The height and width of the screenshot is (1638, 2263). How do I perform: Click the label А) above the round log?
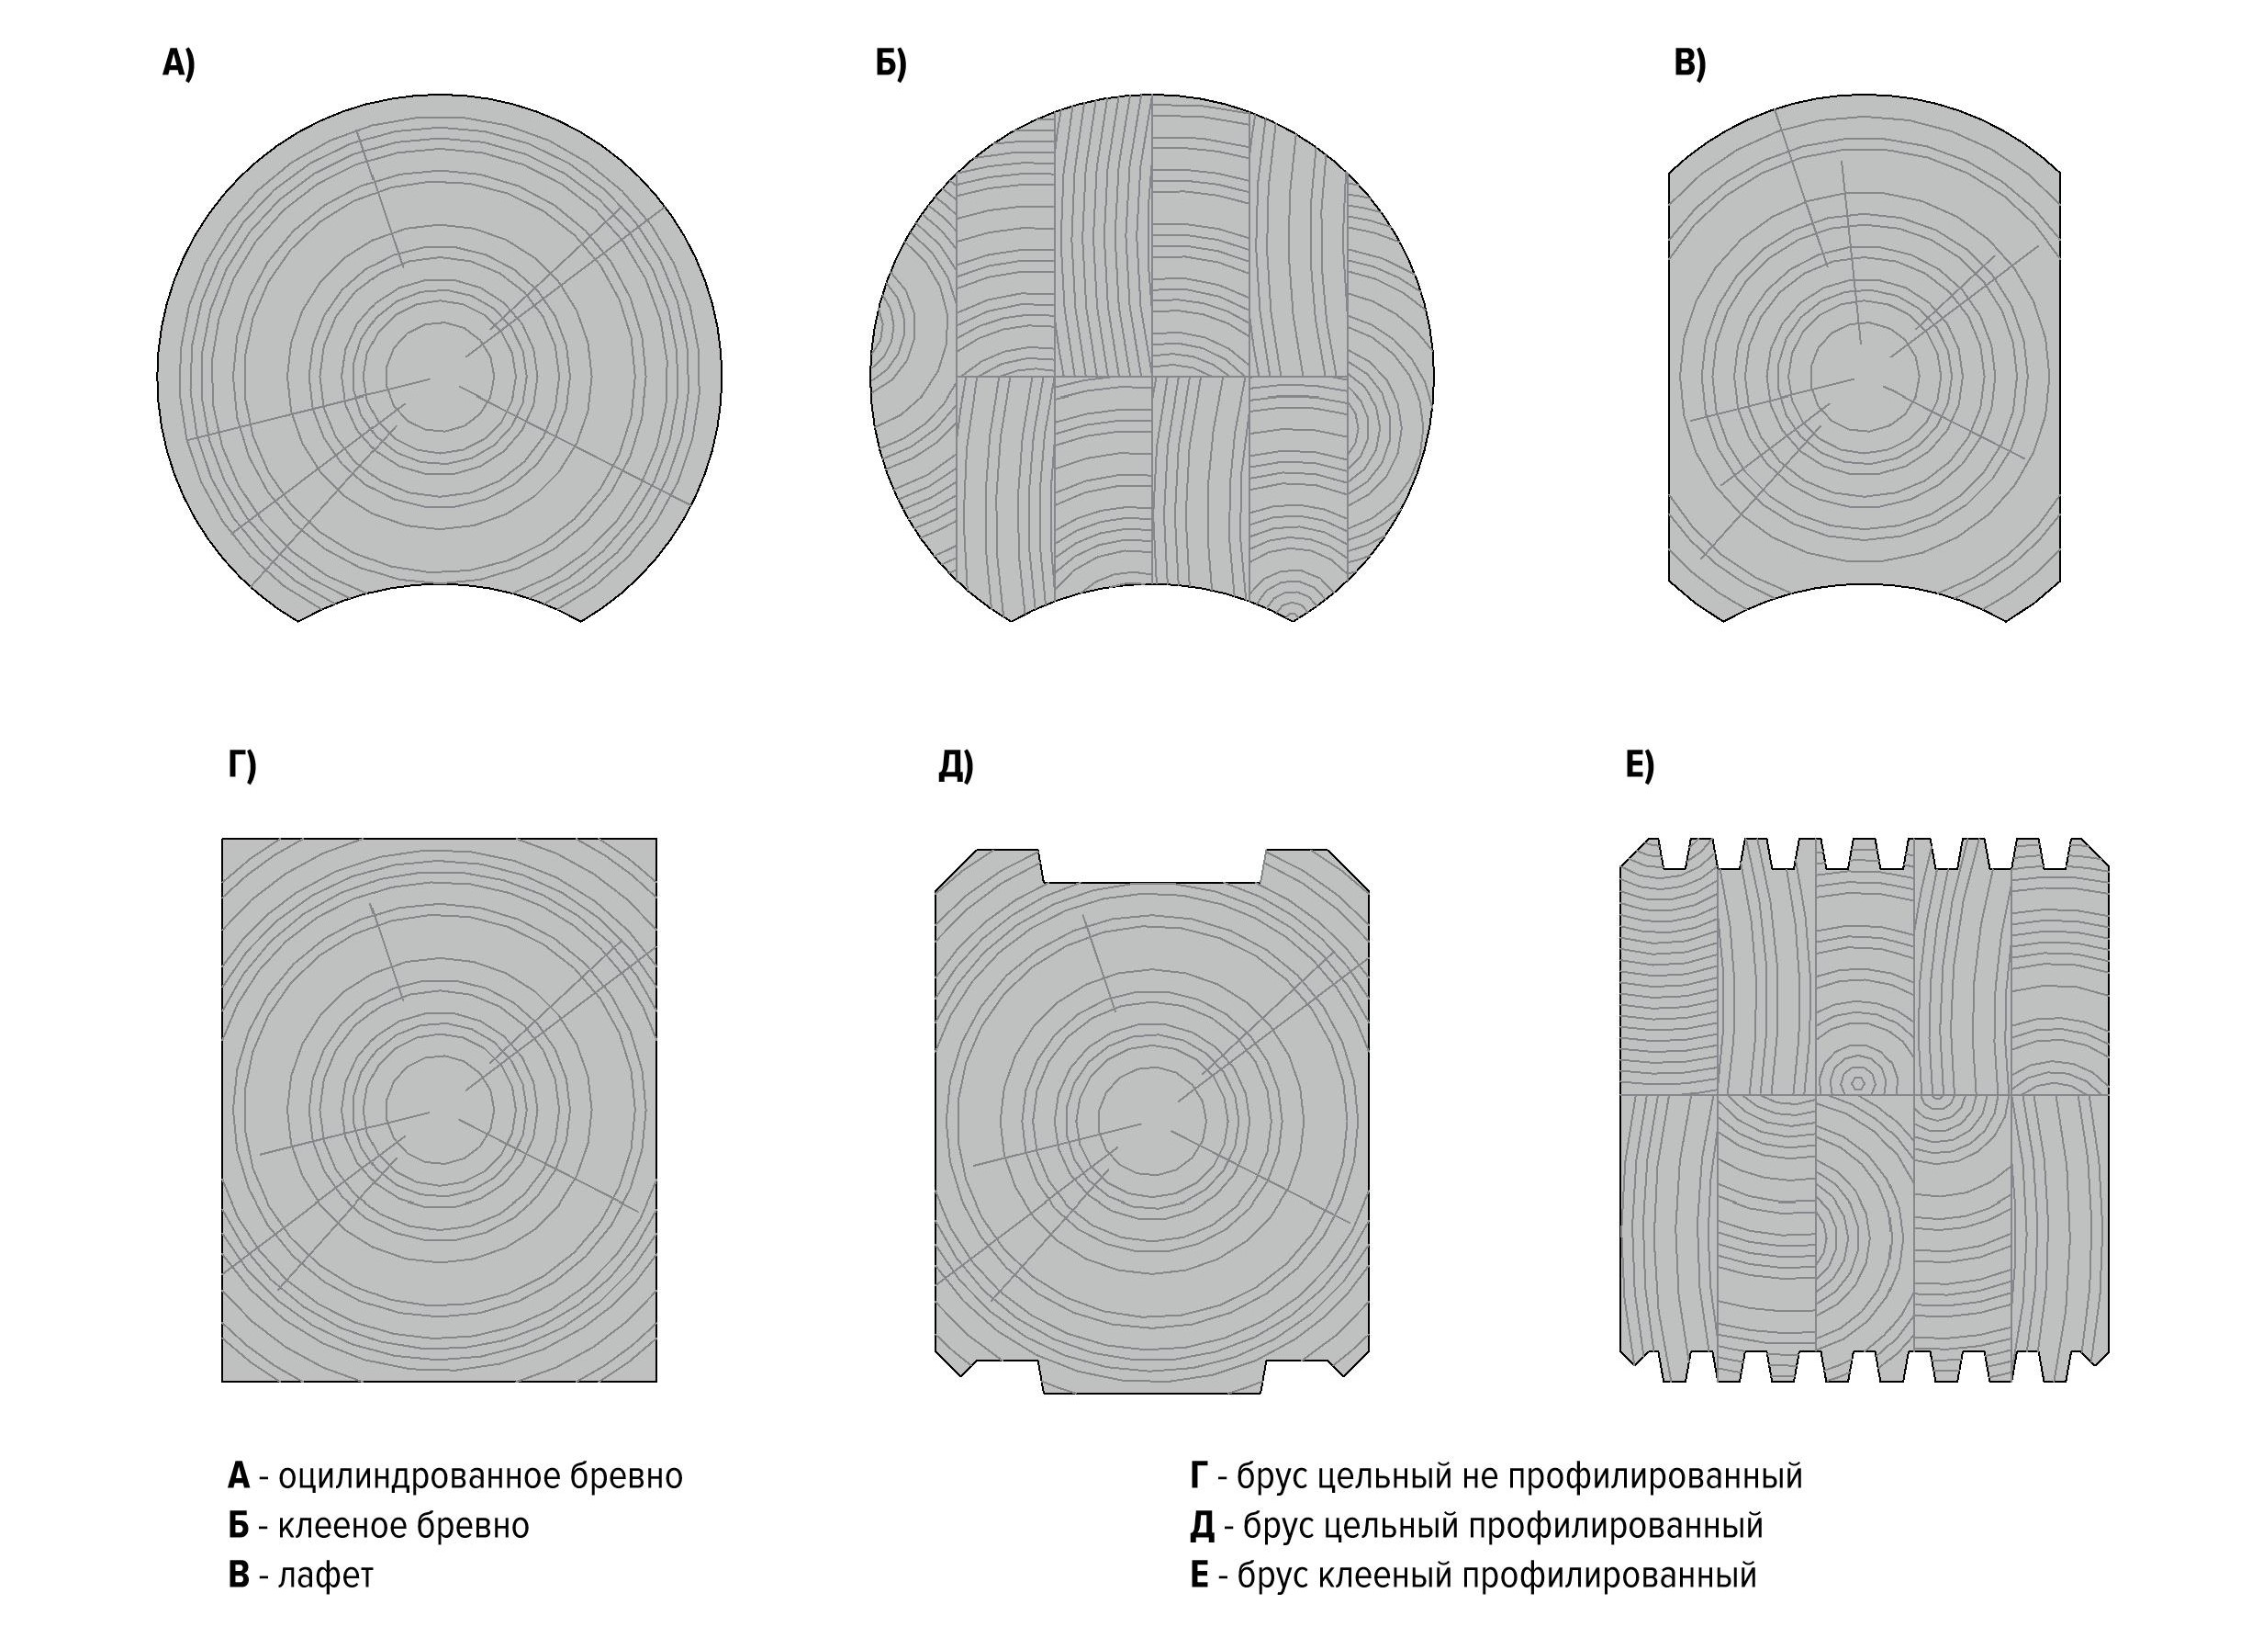pyautogui.click(x=179, y=64)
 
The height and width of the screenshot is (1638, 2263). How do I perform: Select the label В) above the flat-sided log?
pyautogui.click(x=1689, y=64)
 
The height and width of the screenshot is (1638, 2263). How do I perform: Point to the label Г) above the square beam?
pyautogui.click(x=241, y=764)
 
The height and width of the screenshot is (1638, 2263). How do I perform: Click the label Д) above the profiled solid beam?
pyautogui.click(x=956, y=764)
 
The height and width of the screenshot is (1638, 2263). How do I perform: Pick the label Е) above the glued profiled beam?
pyautogui.click(x=1640, y=764)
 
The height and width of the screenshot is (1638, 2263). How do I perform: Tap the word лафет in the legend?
pyautogui.click(x=325, y=1576)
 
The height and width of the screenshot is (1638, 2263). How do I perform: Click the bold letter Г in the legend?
pyautogui.click(x=1199, y=1476)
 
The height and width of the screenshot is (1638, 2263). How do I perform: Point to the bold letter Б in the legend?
pyautogui.click(x=238, y=1526)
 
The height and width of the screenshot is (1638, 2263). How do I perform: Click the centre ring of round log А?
pyautogui.click(x=439, y=378)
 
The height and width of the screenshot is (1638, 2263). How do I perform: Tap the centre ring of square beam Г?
pyautogui.click(x=439, y=1110)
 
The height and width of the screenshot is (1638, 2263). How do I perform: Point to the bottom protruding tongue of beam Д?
pyautogui.click(x=1152, y=1380)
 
